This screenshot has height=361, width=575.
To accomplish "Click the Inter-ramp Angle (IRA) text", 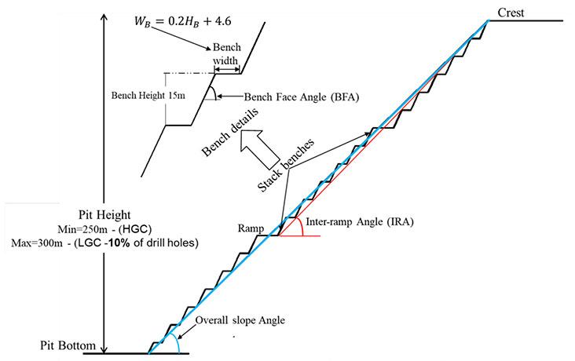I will pyautogui.click(x=358, y=223).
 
